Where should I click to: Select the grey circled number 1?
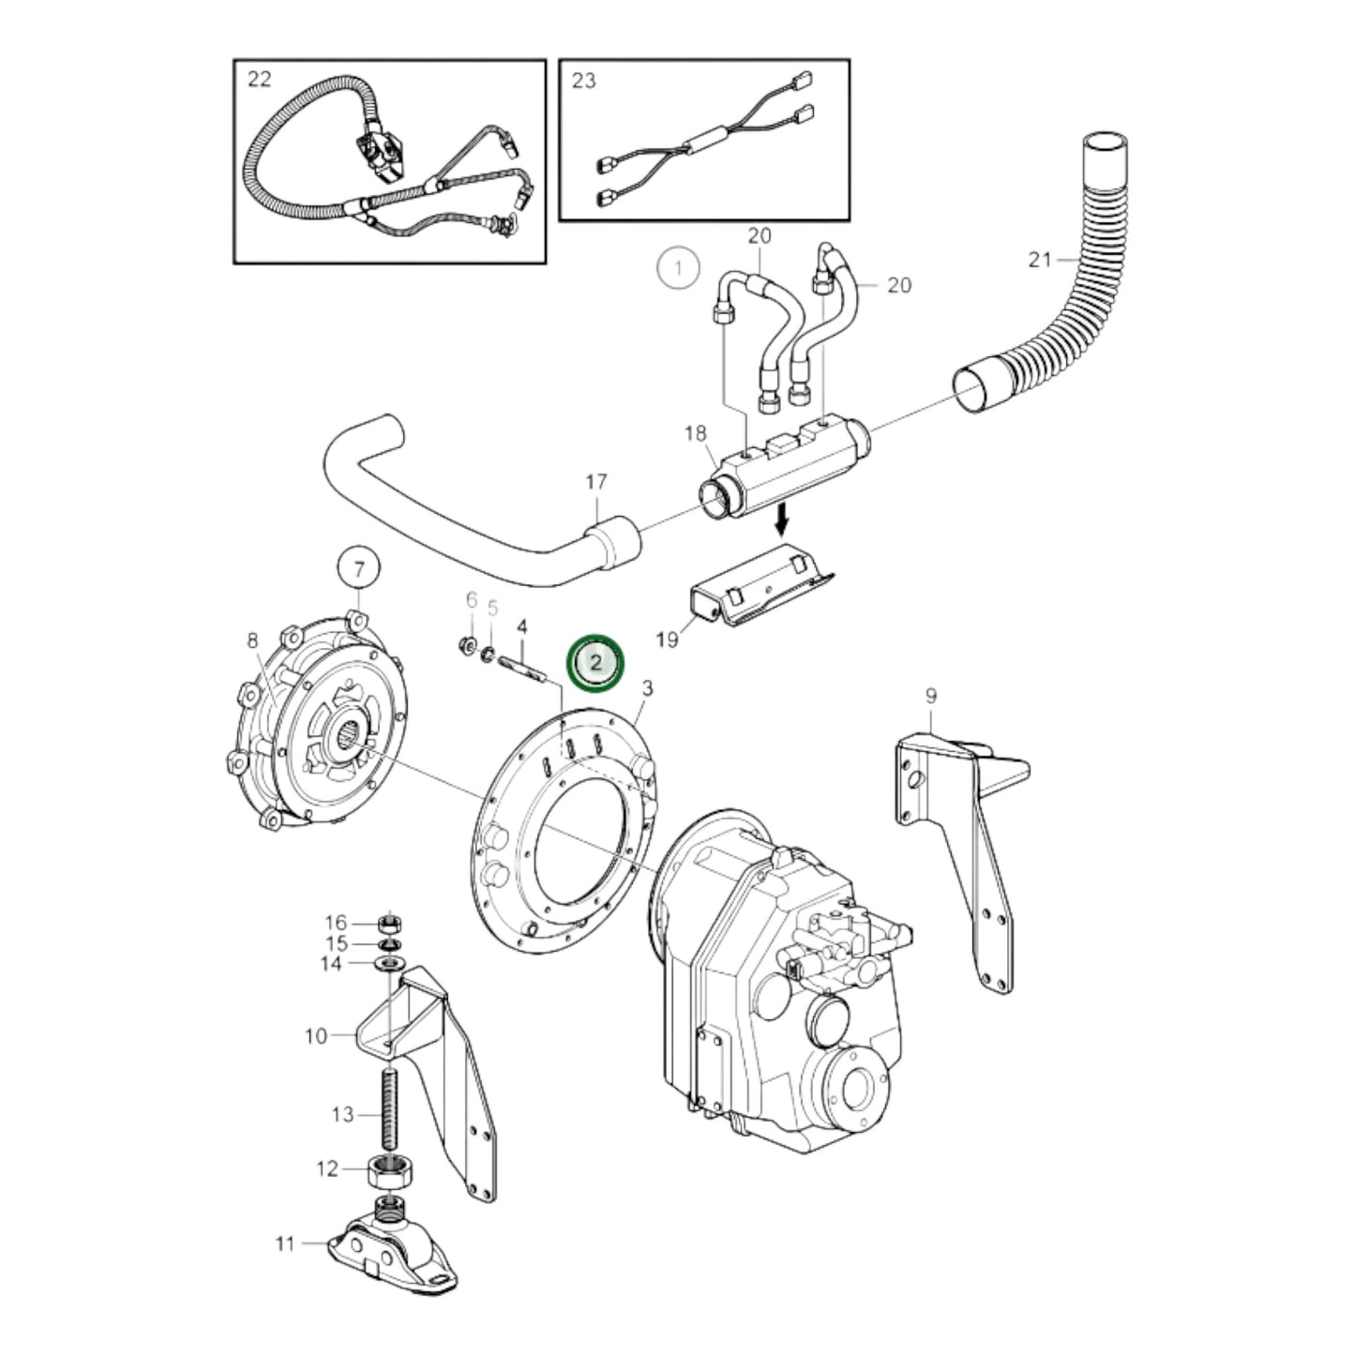coord(678,267)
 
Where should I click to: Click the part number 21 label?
coord(1040,260)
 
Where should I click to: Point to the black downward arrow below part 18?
coord(780,517)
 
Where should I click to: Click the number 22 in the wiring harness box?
coord(259,80)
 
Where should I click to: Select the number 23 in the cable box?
coord(583,81)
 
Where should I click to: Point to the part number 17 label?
coord(596,483)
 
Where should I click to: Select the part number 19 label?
coord(667,640)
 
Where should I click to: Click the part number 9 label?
coord(930,696)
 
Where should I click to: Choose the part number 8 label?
coord(252,641)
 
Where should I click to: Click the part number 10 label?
coord(316,1036)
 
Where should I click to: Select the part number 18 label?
coord(695,433)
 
